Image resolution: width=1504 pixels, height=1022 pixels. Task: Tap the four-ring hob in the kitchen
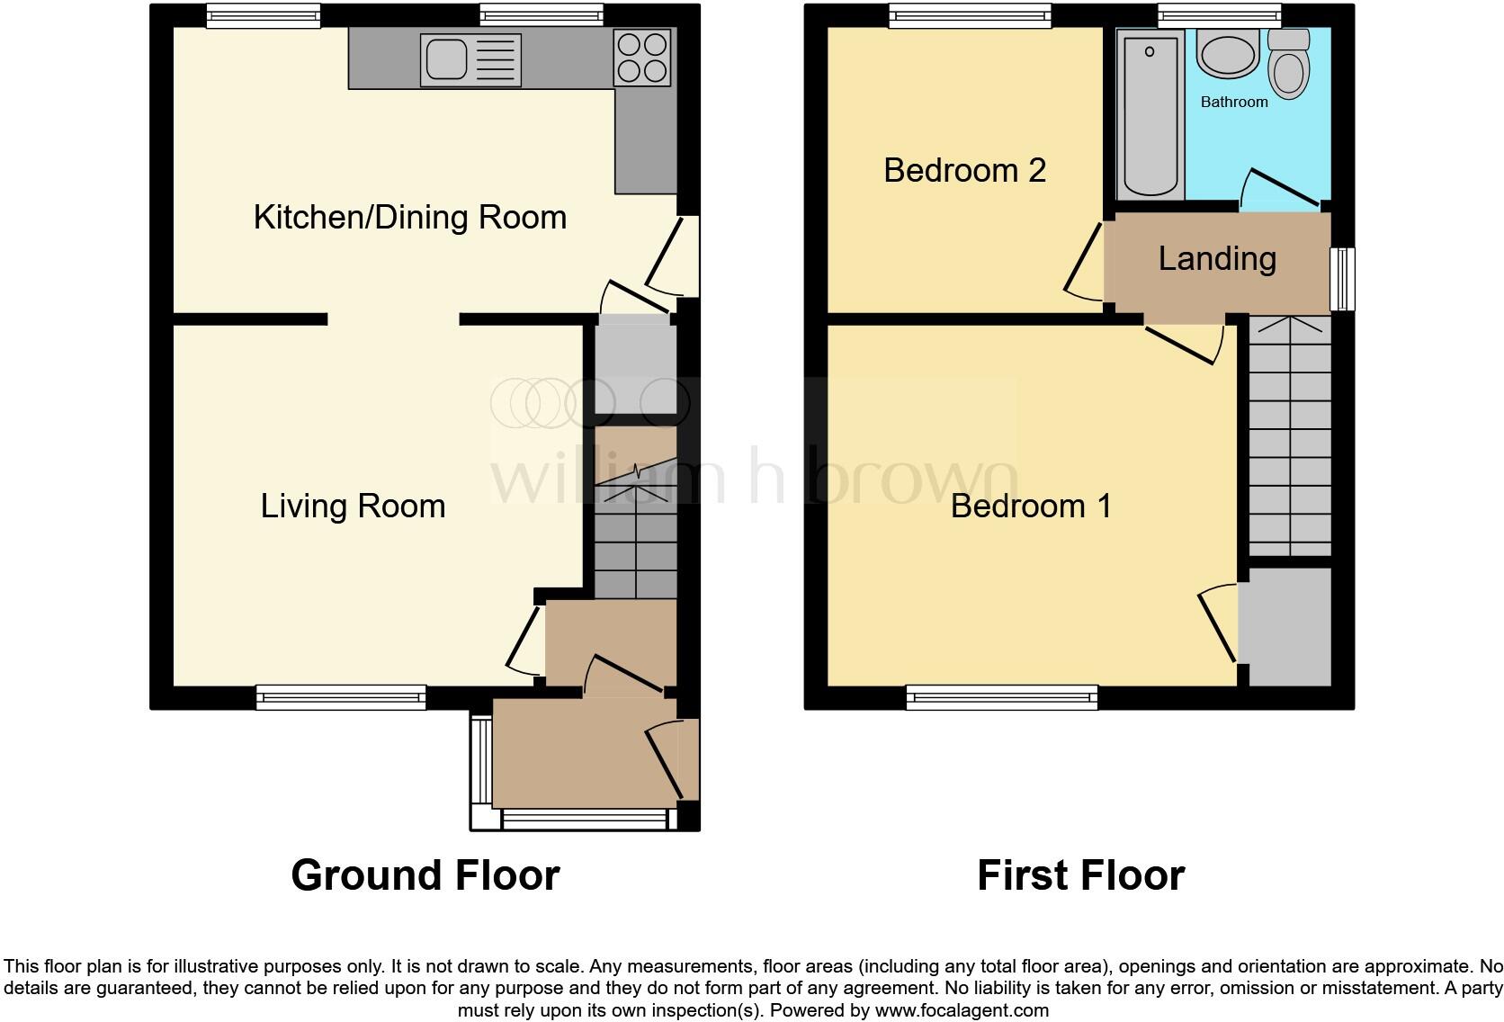pos(642,58)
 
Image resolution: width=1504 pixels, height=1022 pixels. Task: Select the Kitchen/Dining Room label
pos(410,217)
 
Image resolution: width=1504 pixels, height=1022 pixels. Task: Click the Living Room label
pos(353,506)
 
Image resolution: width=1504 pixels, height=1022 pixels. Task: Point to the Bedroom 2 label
pos(964,170)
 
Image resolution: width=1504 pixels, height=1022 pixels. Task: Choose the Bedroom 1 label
pos(1031,506)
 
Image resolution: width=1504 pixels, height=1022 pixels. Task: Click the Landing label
pos(1217,258)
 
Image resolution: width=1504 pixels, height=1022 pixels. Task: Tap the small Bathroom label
pos(1234,102)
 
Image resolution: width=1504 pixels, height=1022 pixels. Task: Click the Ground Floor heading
pos(425,874)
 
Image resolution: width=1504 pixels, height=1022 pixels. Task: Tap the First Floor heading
pos(1080,874)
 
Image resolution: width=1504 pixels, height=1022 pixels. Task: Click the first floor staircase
pos(1289,436)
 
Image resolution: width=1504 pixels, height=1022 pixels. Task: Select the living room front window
pos(341,696)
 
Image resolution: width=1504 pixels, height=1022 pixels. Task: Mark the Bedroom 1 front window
pos(1002,696)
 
